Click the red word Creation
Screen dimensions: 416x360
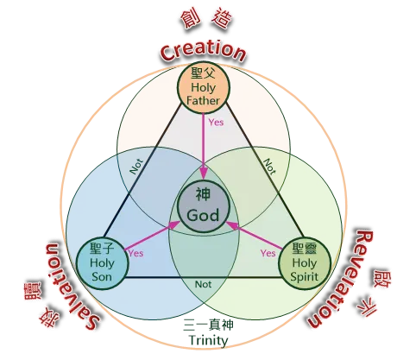tap(203, 51)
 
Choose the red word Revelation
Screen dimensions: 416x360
tap(336, 279)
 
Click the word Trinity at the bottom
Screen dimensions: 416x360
tap(209, 341)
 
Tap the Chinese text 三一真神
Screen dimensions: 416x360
tap(208, 325)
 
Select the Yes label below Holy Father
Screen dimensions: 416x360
tap(216, 123)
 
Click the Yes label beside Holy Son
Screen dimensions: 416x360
tap(136, 253)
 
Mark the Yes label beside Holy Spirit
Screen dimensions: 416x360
tap(268, 253)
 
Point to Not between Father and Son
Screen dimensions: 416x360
tap(136, 167)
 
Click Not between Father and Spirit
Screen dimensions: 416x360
tap(270, 167)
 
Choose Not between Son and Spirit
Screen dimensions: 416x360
tap(203, 285)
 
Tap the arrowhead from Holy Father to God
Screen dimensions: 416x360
tap(204, 174)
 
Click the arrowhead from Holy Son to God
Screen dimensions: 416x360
tap(174, 224)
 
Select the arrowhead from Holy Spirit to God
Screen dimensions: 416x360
tap(232, 224)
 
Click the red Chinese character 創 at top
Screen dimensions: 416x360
tap(190, 21)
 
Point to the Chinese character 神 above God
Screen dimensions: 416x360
tap(204, 194)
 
